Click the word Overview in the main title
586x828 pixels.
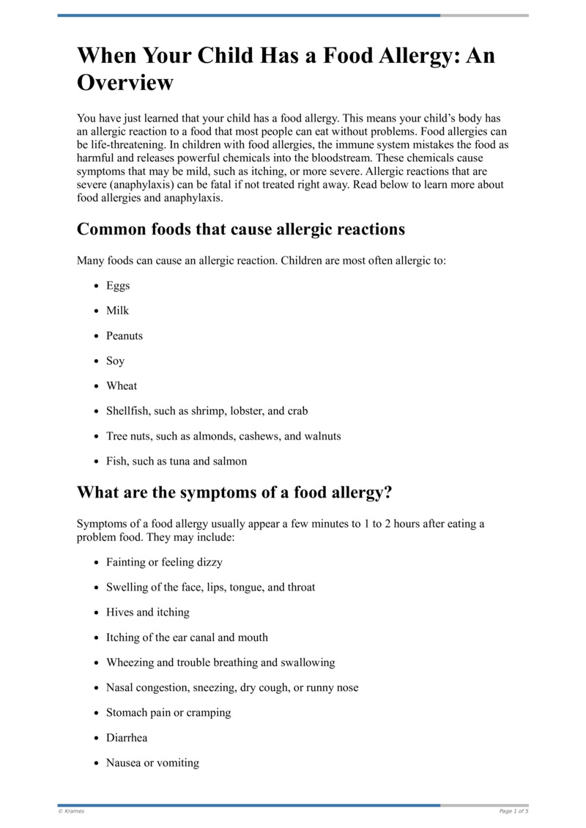click(x=125, y=82)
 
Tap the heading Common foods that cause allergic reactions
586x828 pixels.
click(x=241, y=229)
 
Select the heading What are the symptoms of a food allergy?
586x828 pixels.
click(x=234, y=493)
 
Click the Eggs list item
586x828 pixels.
click(x=118, y=286)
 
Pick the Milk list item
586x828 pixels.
click(x=117, y=311)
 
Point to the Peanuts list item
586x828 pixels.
click(x=125, y=336)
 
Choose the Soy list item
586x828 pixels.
click(x=116, y=361)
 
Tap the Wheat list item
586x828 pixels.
click(x=122, y=386)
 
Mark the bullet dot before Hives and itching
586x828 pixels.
click(x=97, y=613)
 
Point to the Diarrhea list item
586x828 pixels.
click(x=127, y=738)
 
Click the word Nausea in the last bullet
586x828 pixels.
click(x=124, y=763)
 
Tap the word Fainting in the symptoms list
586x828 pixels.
click(x=127, y=562)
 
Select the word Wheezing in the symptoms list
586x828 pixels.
click(x=130, y=662)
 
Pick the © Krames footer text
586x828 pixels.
click(x=71, y=811)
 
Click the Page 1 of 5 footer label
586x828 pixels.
click(x=513, y=811)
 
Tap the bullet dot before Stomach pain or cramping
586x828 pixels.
click(x=97, y=713)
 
